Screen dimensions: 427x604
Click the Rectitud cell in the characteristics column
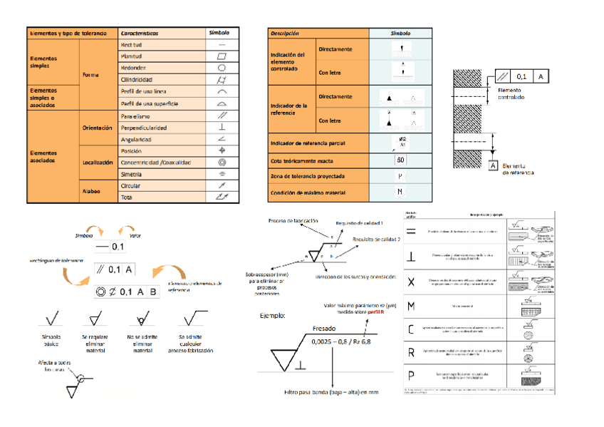pos(132,44)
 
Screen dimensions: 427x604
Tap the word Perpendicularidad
pos(144,128)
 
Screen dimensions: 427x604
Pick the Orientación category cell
pos(97,128)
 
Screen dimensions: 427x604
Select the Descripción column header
pos(284,33)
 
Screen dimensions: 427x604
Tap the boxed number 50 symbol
pos(400,160)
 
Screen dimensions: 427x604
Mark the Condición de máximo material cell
pos(311,192)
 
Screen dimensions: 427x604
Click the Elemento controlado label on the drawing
pos(511,93)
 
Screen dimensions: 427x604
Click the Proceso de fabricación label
pos(293,221)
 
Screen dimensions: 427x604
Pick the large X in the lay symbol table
pos(411,281)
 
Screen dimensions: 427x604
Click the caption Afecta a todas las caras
pos(56,366)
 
